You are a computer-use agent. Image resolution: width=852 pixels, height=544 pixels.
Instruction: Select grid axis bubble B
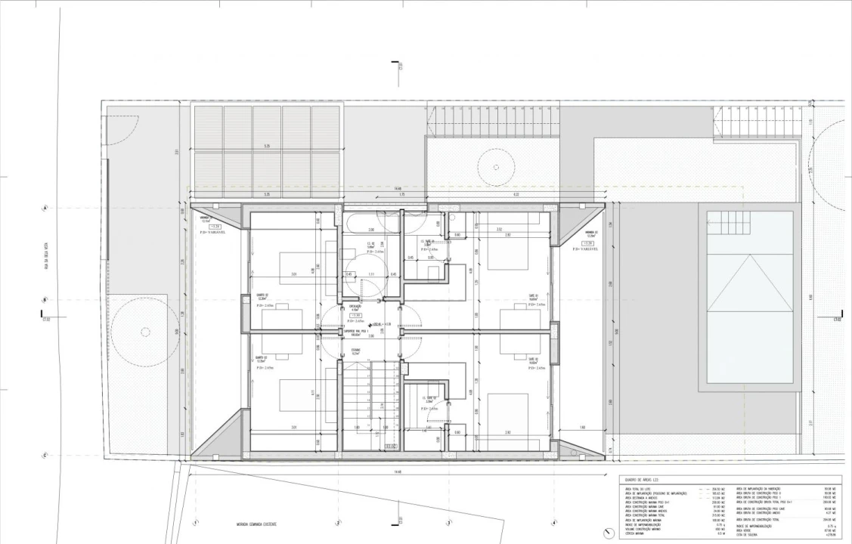point(45,300)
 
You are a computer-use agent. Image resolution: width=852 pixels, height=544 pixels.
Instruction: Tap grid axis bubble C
point(45,455)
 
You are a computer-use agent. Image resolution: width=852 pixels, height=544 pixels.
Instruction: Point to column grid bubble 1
point(196,523)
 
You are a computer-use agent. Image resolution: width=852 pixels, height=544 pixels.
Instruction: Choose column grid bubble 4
point(554,523)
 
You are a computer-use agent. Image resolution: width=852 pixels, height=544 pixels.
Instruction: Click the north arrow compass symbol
point(610,533)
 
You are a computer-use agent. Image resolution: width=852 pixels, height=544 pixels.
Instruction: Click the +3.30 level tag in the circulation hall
point(354,314)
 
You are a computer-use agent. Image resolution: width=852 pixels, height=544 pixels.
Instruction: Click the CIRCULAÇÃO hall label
point(354,306)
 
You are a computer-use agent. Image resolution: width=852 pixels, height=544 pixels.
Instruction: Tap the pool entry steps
point(730,223)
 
